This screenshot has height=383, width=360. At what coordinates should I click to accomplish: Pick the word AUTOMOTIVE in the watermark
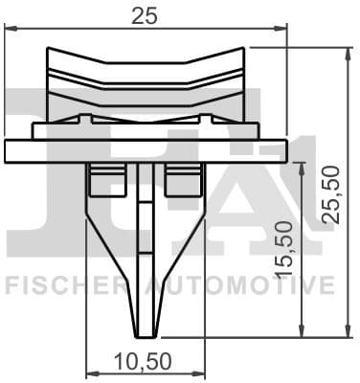(x=239, y=284)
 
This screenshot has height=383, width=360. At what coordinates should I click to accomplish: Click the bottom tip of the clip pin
(x=145, y=334)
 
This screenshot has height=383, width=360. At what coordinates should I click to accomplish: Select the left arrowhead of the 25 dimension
(x=10, y=28)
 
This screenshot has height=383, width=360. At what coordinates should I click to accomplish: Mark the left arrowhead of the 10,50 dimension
(x=91, y=372)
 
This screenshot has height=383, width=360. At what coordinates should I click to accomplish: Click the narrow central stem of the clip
(x=145, y=239)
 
